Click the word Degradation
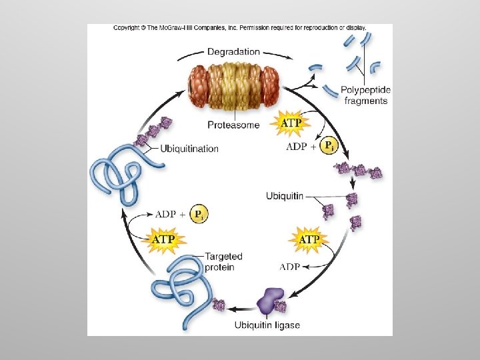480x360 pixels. coord(233,51)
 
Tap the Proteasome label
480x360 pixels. coord(233,125)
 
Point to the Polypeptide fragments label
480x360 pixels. coord(365,95)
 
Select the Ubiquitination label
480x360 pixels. coord(189,148)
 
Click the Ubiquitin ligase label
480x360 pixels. coord(267,325)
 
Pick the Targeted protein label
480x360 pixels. coord(223,261)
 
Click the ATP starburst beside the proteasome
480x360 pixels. coord(290,123)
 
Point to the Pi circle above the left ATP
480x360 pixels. coord(198,214)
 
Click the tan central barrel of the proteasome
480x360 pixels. coord(235,87)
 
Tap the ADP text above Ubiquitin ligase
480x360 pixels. coord(289,267)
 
